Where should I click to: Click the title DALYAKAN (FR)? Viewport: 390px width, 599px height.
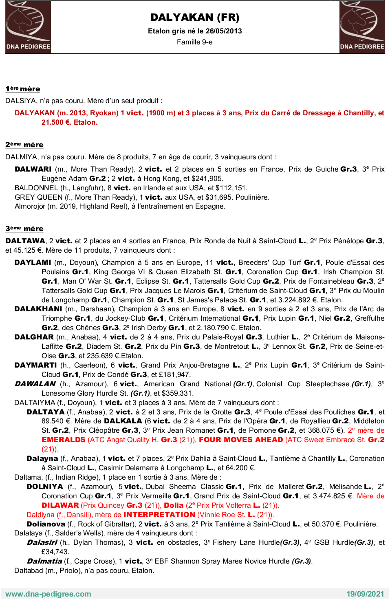point(195,18)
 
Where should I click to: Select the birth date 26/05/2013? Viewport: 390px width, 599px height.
point(224,31)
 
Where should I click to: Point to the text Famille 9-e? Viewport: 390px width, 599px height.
point(194,42)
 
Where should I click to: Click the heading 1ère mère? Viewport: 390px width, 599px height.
point(23,89)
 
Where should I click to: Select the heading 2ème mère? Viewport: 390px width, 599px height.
point(24,145)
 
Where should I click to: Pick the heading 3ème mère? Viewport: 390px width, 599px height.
point(24,229)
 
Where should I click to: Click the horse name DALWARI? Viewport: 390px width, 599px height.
point(33,169)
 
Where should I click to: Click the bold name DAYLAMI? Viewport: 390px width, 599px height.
point(33,262)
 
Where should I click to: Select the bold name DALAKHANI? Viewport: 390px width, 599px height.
point(38,309)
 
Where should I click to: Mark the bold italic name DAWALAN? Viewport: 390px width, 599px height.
point(35,384)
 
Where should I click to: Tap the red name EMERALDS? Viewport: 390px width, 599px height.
point(64,440)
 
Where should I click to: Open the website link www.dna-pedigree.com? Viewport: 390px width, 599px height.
point(48,594)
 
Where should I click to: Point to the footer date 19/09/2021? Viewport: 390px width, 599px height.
point(365,594)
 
